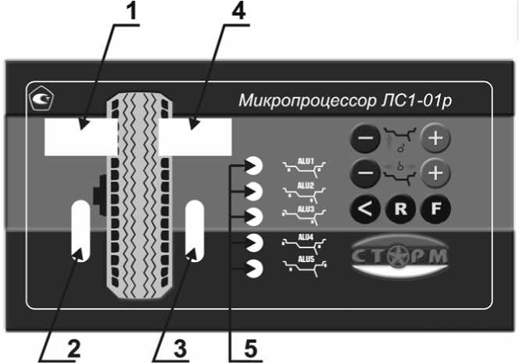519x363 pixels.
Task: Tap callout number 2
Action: [73, 349]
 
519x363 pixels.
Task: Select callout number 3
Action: [181, 349]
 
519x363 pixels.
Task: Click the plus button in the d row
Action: [435, 140]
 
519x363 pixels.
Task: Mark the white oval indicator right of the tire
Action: [194, 229]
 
